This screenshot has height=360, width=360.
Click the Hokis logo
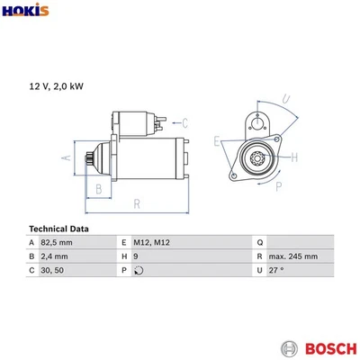(x=25, y=12)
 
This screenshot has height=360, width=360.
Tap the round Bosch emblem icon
(x=288, y=346)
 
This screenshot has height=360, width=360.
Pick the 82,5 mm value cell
(x=57, y=243)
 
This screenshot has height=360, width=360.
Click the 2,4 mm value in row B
(x=54, y=256)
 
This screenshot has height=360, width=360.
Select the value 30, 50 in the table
(x=51, y=270)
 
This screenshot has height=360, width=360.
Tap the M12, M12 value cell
(x=151, y=243)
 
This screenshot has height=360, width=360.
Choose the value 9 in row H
(x=135, y=256)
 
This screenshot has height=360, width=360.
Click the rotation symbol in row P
(x=138, y=270)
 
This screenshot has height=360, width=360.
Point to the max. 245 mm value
(x=292, y=256)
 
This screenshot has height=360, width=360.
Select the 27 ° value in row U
(x=275, y=270)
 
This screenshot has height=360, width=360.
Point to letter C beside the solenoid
(x=184, y=122)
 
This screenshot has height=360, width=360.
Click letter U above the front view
(x=284, y=99)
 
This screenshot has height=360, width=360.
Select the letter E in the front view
(x=217, y=141)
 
